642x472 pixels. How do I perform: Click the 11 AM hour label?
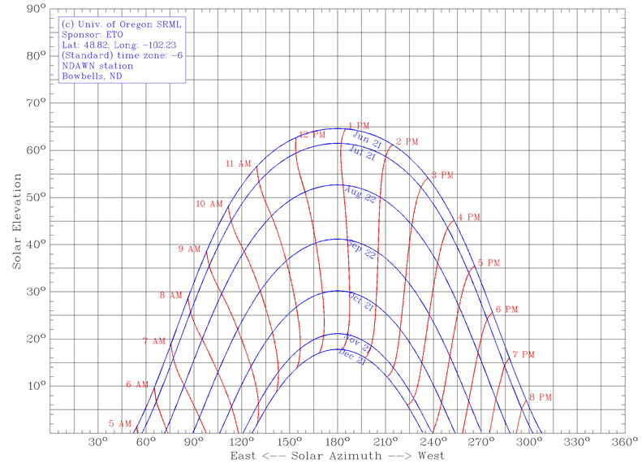(239, 164)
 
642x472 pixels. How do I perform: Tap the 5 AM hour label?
(120, 424)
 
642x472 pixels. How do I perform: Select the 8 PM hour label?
(541, 397)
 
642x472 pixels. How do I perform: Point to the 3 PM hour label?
(442, 175)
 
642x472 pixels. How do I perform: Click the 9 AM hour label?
(189, 249)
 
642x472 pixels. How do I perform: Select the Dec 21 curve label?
(352, 358)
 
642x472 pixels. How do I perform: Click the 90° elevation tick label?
(34, 9)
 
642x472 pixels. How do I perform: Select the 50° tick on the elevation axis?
(34, 197)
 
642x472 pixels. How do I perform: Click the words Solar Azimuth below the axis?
(338, 461)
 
